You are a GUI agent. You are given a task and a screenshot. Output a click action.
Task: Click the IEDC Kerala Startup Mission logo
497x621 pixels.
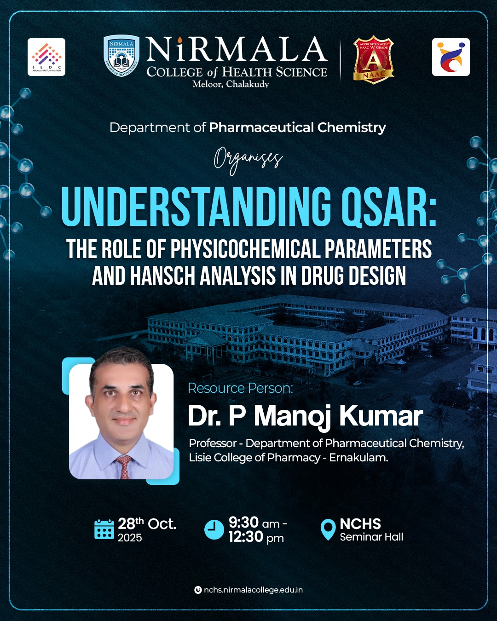(46, 57)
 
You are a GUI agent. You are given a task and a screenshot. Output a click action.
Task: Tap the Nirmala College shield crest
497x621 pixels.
(121, 56)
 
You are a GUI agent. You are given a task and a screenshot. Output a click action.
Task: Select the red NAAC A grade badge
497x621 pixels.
(373, 60)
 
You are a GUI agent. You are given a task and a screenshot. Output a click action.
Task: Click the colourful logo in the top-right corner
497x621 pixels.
(451, 57)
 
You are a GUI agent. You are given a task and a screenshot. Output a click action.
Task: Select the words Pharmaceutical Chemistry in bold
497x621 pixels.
(297, 127)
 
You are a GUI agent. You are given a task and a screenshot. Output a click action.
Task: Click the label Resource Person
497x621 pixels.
(240, 388)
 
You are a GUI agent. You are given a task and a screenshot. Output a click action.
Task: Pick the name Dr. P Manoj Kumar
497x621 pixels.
(305, 416)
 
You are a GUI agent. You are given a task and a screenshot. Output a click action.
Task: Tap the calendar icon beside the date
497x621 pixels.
(104, 529)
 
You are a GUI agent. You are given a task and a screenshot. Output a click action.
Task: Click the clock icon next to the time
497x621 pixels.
(214, 529)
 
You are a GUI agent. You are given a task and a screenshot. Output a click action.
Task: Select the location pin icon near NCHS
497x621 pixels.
(328, 529)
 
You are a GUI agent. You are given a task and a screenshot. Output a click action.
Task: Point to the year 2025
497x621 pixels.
(130, 538)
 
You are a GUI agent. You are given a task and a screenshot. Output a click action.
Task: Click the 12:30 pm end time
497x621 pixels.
(256, 537)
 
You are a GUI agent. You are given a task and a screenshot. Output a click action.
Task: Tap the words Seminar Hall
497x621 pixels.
(371, 537)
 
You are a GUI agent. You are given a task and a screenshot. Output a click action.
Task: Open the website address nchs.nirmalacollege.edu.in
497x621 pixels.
(253, 590)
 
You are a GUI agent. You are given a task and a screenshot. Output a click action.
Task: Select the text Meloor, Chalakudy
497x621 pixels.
(231, 84)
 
